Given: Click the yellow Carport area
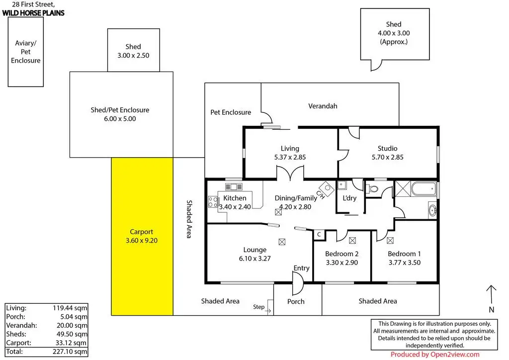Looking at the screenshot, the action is pos(142,236).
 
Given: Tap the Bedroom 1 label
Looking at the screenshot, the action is pos(404,254).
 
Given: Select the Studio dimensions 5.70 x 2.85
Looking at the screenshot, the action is pos(388,157).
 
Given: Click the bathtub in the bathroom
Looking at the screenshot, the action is pos(424,188).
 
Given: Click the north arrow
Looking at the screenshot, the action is pos(491,295).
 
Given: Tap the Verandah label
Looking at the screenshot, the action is pos(323,106).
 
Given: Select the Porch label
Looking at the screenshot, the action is pos(296,301).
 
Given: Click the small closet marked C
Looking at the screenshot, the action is pos(319,235).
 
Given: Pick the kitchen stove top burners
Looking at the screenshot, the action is pos(213,202).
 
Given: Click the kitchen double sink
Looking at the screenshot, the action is pos(234,186).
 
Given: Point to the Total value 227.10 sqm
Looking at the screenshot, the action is pos(70,352).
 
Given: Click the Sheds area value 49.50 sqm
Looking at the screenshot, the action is pos(72,334).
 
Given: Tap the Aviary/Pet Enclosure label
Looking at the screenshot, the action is pos(26,52).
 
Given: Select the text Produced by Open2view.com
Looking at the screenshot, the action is pos(434,355).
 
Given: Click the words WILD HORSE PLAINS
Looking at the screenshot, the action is pos(33,13).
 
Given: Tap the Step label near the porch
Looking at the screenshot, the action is pos(258,307).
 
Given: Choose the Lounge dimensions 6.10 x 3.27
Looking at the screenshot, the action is pos(255,259).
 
